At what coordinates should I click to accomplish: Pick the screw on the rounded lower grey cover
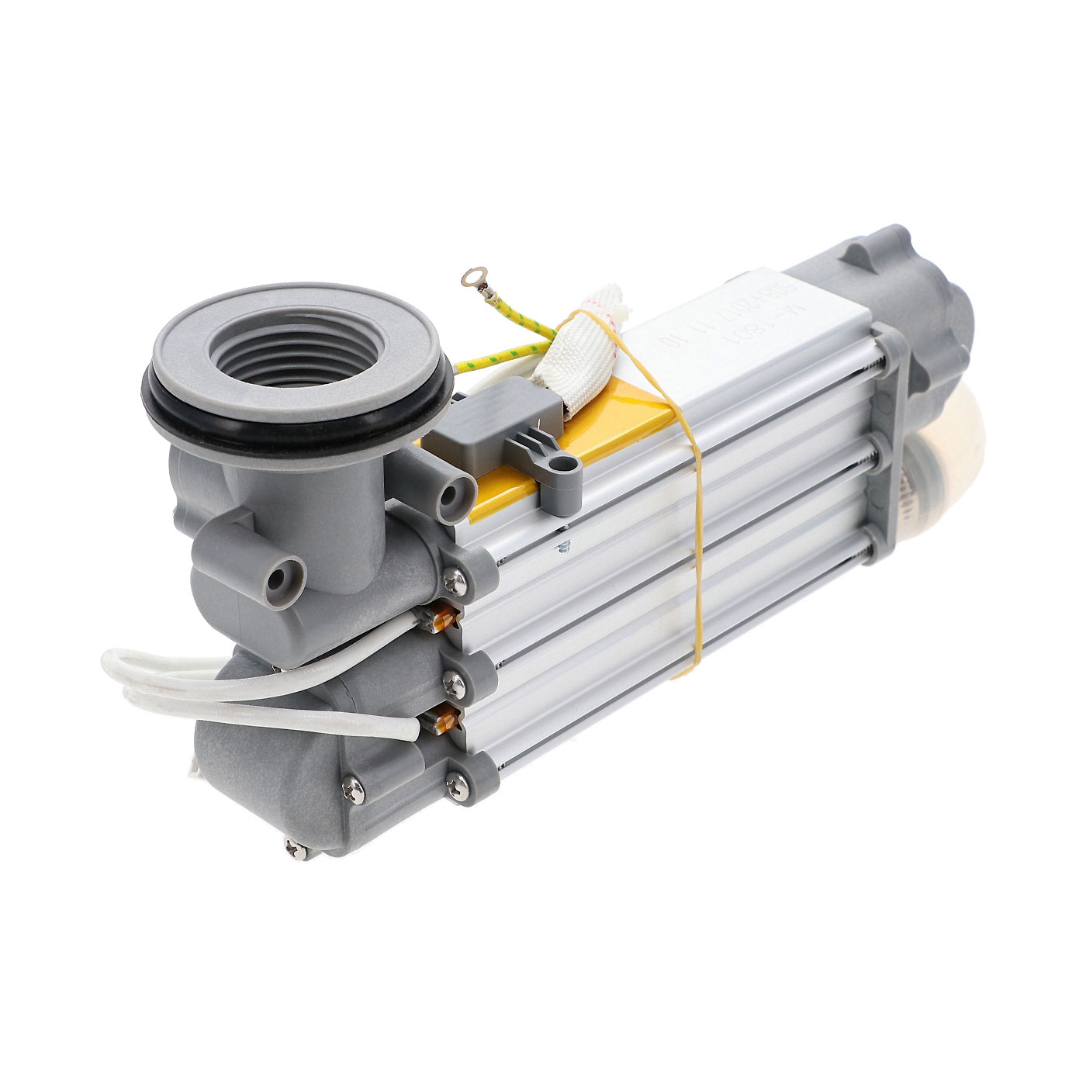tap(354, 788)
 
